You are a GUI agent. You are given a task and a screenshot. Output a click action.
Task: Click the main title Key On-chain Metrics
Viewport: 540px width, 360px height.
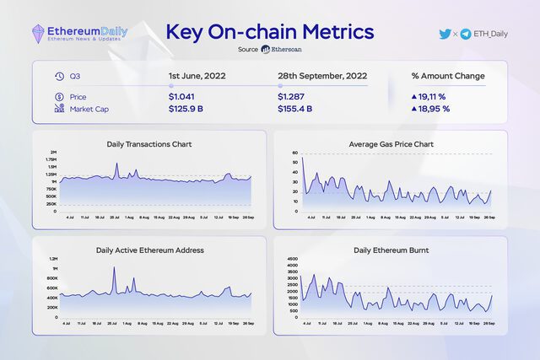pos(270,32)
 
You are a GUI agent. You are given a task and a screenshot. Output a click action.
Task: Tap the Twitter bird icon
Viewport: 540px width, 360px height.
pos(445,34)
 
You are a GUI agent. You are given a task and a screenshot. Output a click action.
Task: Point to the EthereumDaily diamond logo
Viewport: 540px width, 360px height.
pos(40,33)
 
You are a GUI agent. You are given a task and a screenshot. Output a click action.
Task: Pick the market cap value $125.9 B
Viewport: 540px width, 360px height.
pos(186,109)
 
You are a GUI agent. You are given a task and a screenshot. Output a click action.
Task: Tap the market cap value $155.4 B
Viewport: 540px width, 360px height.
pos(295,109)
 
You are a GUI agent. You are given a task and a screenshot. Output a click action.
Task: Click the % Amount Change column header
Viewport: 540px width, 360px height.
pos(448,76)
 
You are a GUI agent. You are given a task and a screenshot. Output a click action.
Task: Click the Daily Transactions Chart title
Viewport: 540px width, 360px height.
pos(149,144)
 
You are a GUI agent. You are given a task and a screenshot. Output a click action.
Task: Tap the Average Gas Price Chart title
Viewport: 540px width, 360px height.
pos(391,144)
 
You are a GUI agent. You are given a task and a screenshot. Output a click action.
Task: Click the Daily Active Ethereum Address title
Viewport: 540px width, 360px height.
pos(149,250)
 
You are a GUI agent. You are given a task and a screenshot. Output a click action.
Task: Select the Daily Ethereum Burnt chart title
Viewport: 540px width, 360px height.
pos(391,250)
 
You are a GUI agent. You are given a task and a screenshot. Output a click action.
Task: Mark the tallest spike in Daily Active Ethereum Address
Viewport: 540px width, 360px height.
pos(114,269)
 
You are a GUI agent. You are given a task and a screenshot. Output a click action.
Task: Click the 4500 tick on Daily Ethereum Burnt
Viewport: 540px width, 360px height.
pos(294,260)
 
